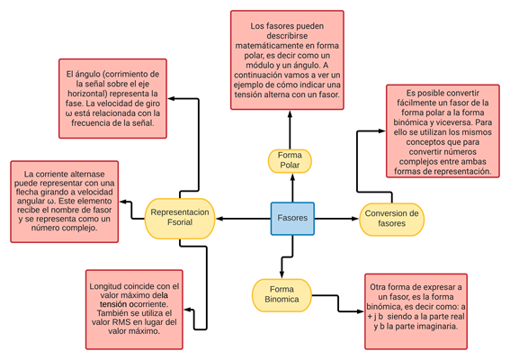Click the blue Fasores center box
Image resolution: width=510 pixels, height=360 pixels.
pyautogui.click(x=292, y=218)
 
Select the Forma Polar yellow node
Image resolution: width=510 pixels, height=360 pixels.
pyautogui.click(x=291, y=159)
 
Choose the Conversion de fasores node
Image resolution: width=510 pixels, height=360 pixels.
pyautogui.click(x=391, y=219)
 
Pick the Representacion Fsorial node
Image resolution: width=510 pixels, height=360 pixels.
pyautogui.click(x=180, y=218)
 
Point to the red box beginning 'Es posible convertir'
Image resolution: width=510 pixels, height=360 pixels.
pyautogui.click(x=443, y=131)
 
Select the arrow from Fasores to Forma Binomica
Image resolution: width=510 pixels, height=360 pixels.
pyautogui.click(x=282, y=256)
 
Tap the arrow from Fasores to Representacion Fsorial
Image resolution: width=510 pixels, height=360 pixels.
pyautogui.click(x=243, y=218)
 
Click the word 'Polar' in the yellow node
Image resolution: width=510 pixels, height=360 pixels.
pyautogui.click(x=291, y=165)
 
